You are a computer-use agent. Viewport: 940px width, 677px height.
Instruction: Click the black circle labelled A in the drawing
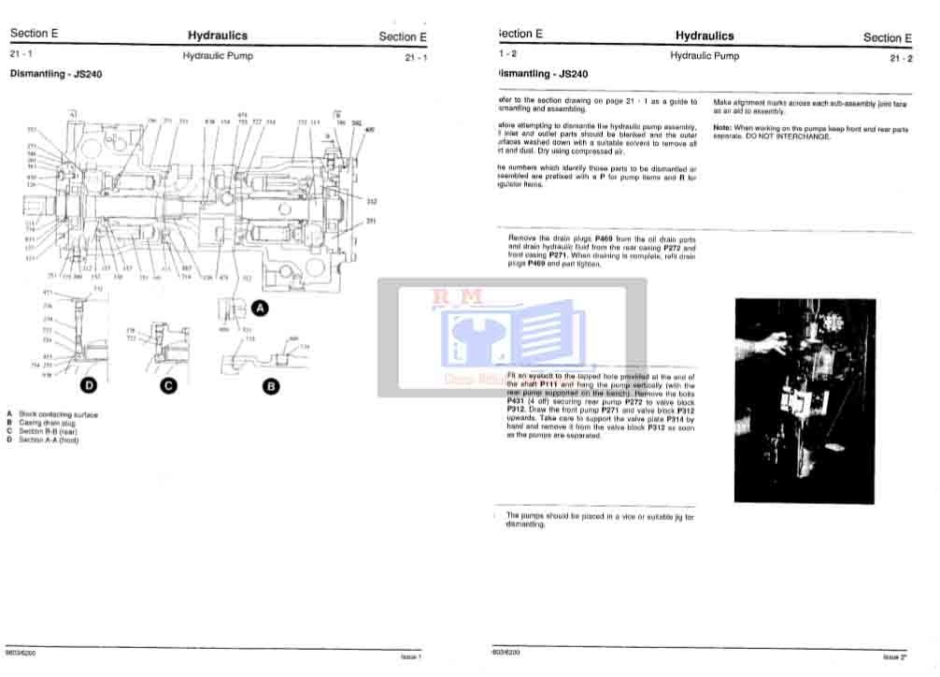click(x=261, y=308)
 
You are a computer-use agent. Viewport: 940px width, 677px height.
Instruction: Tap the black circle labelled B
click(x=270, y=384)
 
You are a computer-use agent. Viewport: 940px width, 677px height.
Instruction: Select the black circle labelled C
click(x=169, y=384)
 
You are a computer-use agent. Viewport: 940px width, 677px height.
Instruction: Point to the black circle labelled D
click(x=89, y=384)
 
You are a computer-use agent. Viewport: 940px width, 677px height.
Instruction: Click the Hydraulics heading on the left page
click(x=218, y=36)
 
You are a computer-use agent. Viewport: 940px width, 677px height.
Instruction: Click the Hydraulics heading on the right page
click(x=705, y=36)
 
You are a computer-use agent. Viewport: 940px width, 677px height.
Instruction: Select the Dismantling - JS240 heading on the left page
click(x=56, y=74)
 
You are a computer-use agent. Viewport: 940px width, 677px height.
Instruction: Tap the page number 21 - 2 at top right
click(x=902, y=59)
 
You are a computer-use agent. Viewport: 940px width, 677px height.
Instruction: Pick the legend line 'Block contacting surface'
click(x=58, y=414)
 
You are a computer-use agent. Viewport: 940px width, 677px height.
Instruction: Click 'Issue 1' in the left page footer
click(x=411, y=656)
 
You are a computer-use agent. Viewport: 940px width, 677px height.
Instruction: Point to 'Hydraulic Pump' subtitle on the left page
click(x=218, y=56)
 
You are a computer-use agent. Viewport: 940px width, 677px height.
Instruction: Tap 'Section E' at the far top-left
click(x=34, y=34)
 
